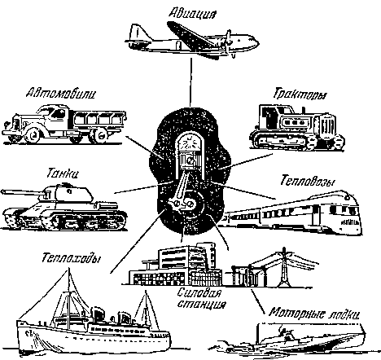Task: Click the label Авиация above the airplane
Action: point(192,12)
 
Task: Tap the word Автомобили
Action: point(60,94)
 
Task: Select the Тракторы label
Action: point(300,94)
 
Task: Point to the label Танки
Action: point(63,173)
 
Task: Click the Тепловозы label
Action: point(307,181)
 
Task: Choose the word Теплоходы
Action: point(71,257)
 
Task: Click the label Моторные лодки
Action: point(314,313)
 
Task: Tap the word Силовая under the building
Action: point(199,293)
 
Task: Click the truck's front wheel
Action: point(34,135)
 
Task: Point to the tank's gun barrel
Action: point(24,193)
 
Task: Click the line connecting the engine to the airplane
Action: point(190,82)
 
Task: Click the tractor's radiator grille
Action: point(328,126)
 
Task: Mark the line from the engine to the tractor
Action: point(246,161)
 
